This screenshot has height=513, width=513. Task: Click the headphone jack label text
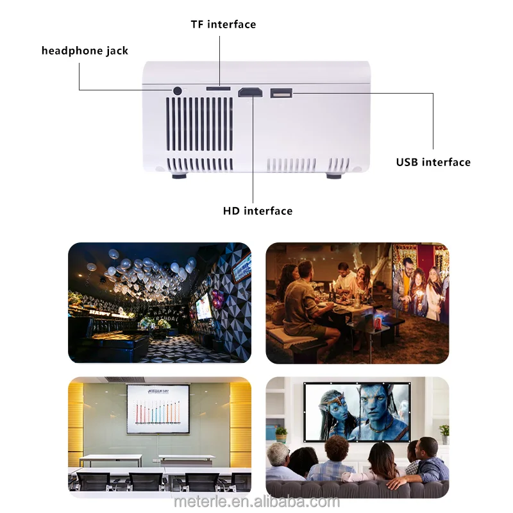click(x=85, y=51)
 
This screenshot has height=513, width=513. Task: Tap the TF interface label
click(x=223, y=24)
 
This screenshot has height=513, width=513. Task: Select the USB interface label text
click(x=433, y=162)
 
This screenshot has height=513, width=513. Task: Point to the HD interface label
click(x=258, y=211)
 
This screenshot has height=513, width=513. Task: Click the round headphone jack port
click(x=177, y=90)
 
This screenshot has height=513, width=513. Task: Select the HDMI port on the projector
click(x=250, y=93)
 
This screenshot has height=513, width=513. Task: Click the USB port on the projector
click(x=281, y=93)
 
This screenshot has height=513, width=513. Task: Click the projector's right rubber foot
click(x=334, y=174)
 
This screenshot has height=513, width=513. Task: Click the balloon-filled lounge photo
click(x=160, y=303)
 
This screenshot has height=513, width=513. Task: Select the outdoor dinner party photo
click(x=357, y=303)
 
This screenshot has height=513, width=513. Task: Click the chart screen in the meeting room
click(x=158, y=409)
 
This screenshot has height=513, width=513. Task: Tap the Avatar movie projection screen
click(x=357, y=412)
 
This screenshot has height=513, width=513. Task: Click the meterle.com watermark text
click(x=256, y=501)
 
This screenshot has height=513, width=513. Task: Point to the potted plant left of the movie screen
click(x=280, y=433)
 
